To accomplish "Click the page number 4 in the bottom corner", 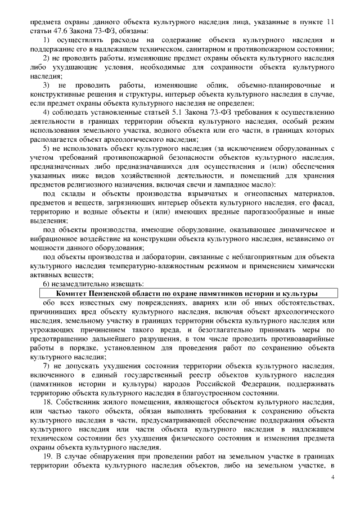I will pos(332,477).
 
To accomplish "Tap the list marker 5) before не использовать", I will pos(48,147).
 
